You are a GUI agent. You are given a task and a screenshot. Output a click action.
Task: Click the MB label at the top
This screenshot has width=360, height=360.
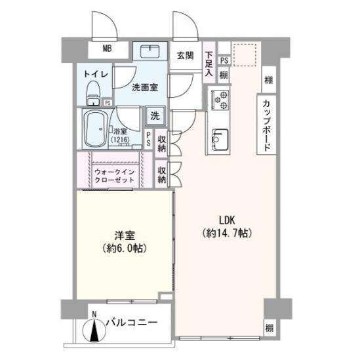[107, 49]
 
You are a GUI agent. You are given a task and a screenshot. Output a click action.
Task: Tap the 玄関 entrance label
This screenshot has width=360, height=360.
[184, 56]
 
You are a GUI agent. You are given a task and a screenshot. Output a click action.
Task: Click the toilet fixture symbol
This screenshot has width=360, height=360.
[92, 92]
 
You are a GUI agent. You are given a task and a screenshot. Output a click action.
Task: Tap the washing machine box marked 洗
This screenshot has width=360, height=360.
[155, 116]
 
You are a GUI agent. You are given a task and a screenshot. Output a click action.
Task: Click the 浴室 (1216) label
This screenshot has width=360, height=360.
[120, 134]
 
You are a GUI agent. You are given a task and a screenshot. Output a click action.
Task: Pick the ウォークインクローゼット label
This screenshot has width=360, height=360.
[114, 175]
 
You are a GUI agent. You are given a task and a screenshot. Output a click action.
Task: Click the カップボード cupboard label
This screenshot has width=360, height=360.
[268, 125]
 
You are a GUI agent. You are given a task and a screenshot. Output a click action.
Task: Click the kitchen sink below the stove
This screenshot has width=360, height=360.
[218, 140]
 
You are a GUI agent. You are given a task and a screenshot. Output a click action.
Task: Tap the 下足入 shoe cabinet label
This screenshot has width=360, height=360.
[209, 64]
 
